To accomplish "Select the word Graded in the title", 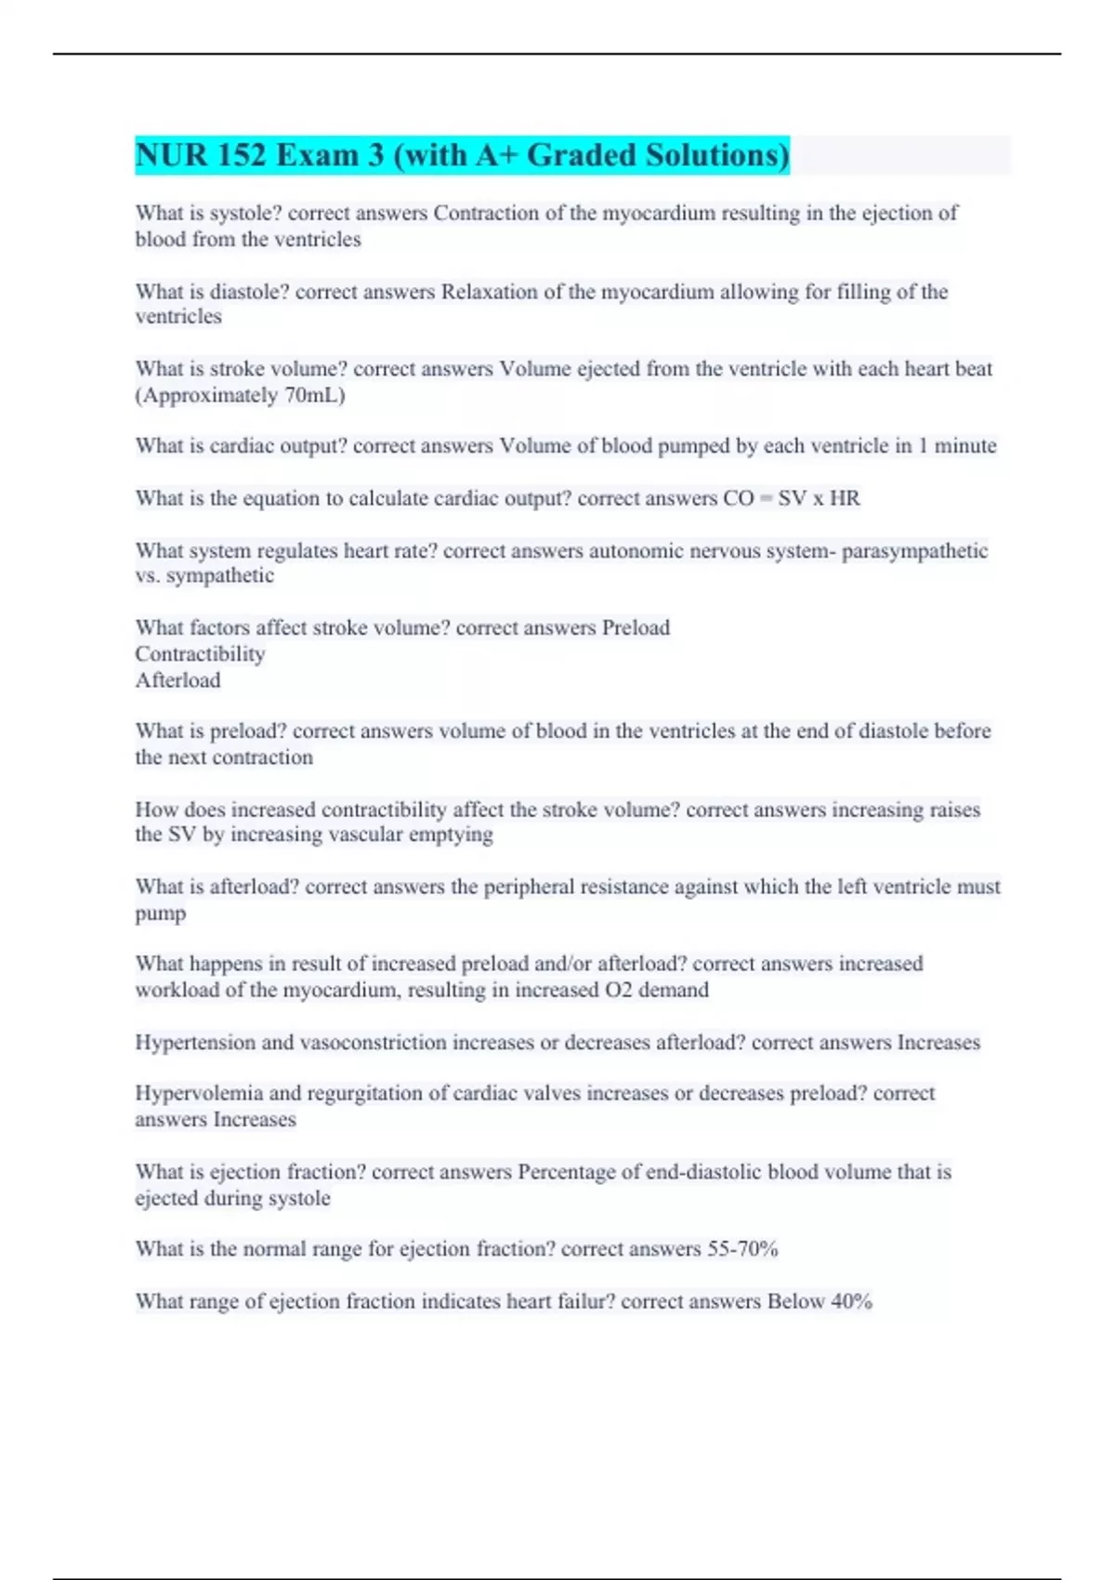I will [582, 154].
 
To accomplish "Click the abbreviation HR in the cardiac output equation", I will [845, 498].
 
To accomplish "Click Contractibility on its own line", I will [200, 654].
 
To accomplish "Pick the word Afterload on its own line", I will [177, 680].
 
